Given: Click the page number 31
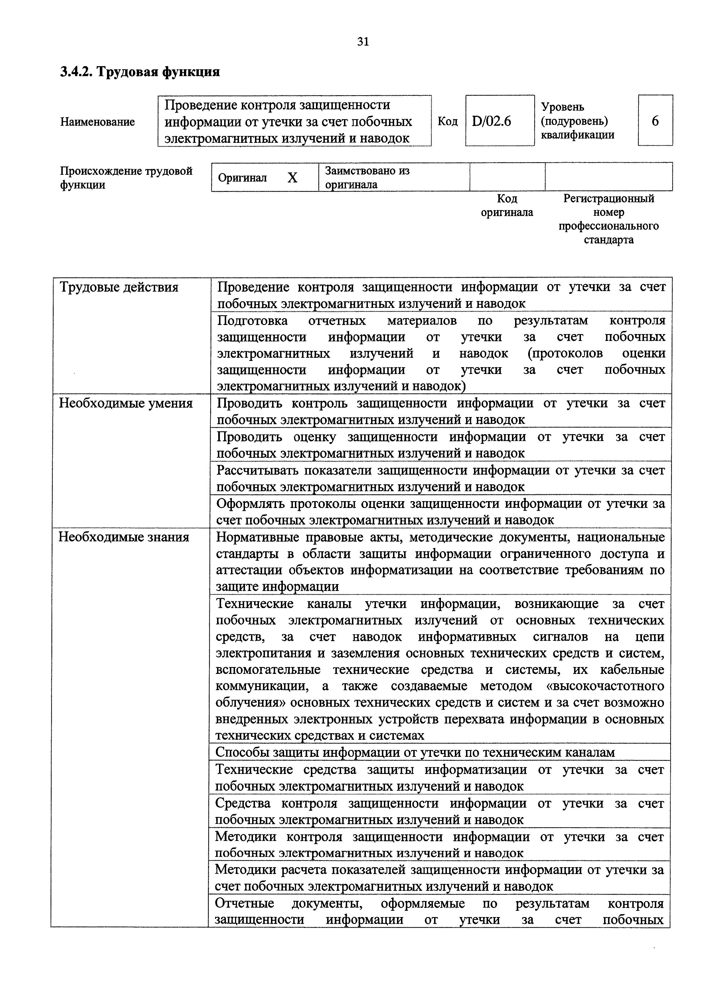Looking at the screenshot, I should pyautogui.click(x=363, y=42).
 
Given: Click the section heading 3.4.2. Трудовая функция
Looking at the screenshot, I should pyautogui.click(x=140, y=72).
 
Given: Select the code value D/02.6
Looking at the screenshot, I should pyautogui.click(x=491, y=121).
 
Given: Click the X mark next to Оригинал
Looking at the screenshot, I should pyautogui.click(x=292, y=178).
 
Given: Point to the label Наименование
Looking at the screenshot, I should pyautogui.click(x=97, y=122).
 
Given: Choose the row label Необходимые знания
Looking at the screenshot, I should pyautogui.click(x=124, y=537).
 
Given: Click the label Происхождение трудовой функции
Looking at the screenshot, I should pyautogui.click(x=126, y=177).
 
